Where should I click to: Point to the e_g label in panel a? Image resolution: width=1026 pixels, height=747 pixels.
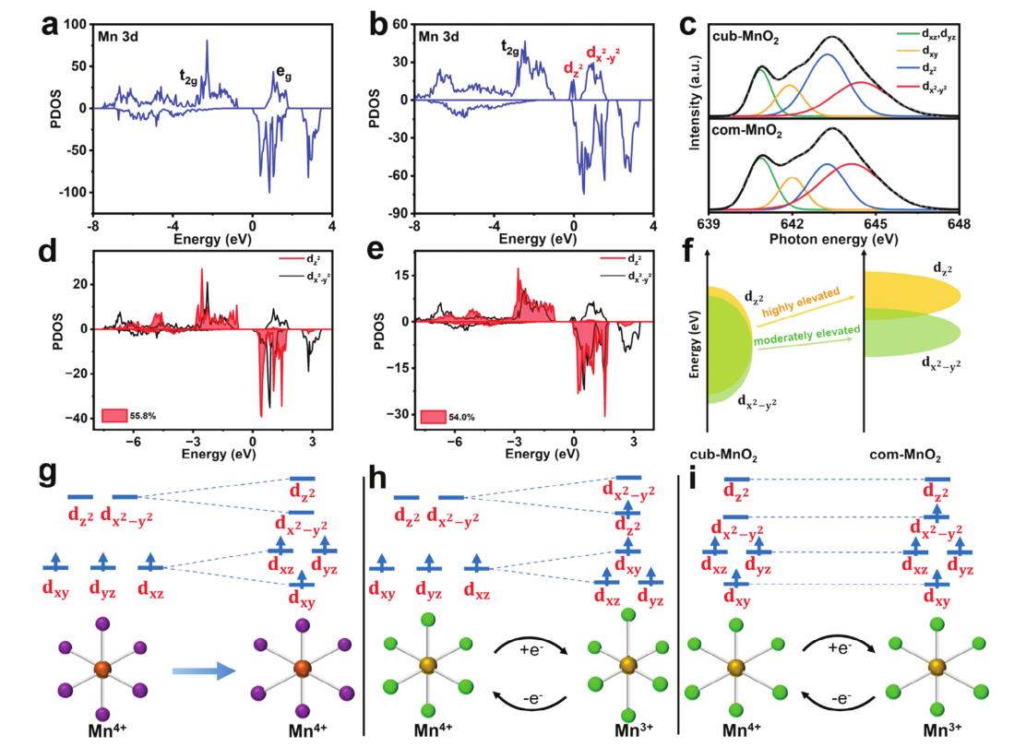(284, 71)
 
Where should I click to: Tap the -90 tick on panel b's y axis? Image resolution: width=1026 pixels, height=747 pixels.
(397, 213)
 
